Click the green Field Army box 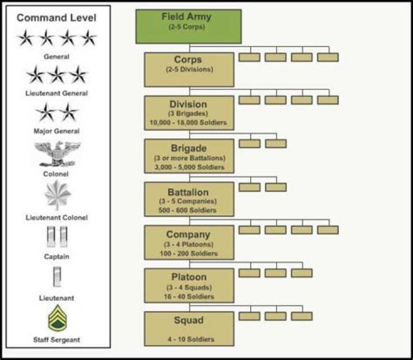(x=188, y=26)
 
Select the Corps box (x=189, y=69)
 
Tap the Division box (x=189, y=113)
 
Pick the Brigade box (x=189, y=156)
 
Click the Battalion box (x=189, y=199)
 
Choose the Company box (x=189, y=242)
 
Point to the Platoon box (x=189, y=285)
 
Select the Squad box (x=189, y=328)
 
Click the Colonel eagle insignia (x=57, y=153)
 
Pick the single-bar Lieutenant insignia (x=57, y=277)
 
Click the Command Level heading (x=57, y=17)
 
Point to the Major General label (x=57, y=131)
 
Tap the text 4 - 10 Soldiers (x=189, y=339)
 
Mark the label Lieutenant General (x=57, y=93)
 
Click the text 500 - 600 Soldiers (x=189, y=210)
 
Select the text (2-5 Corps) (x=188, y=26)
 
